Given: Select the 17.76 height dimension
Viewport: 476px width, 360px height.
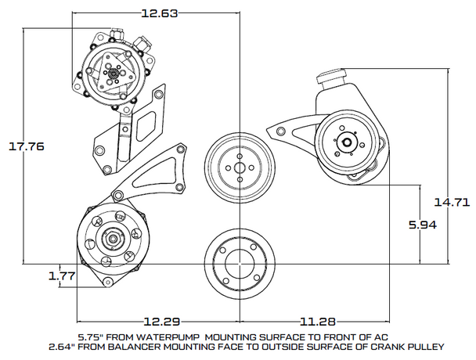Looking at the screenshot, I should [26, 146].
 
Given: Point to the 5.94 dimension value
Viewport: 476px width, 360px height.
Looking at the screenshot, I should [423, 224].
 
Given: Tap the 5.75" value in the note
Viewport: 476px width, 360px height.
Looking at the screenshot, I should [92, 337].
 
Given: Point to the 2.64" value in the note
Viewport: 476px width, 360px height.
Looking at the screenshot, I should [59, 345].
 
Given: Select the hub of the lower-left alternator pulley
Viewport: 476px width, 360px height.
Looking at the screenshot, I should [113, 239].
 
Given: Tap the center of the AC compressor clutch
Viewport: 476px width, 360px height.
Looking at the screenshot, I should [113, 75].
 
